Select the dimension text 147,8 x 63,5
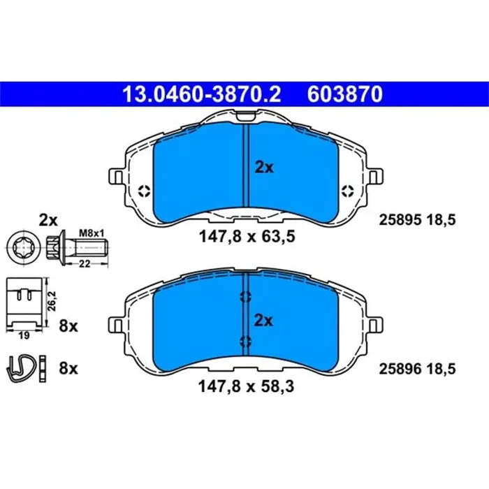(245, 237)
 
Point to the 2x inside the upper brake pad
(264, 167)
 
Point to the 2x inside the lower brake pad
(264, 320)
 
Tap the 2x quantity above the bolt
(48, 220)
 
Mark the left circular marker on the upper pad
(144, 191)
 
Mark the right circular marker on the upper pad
(345, 191)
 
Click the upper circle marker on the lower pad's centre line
(245, 297)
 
